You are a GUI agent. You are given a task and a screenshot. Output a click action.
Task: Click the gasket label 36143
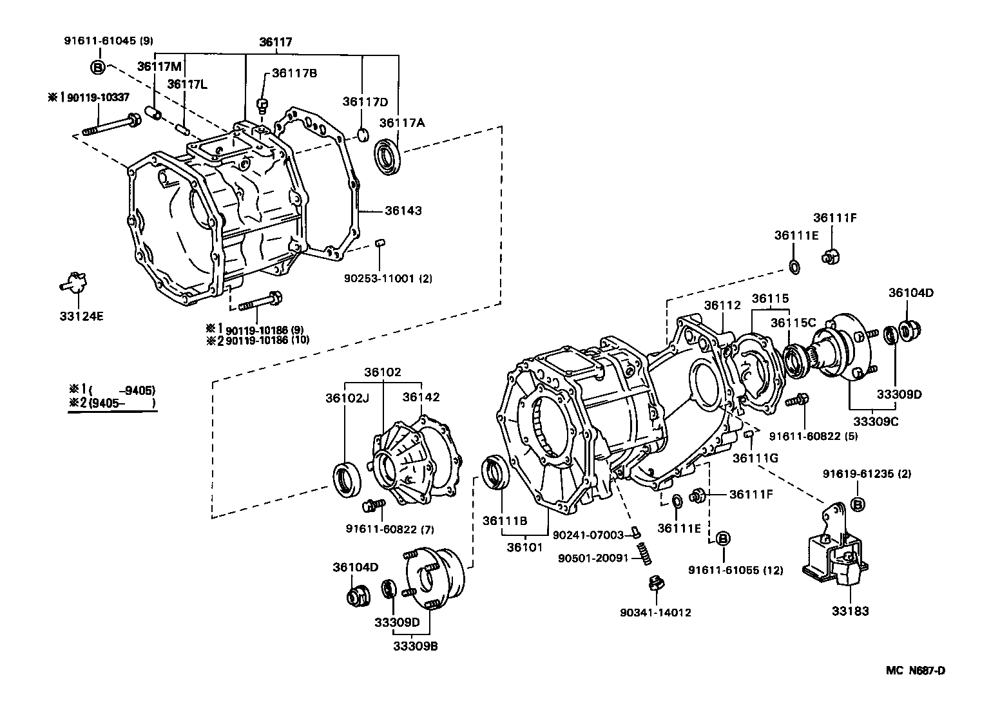click(x=403, y=211)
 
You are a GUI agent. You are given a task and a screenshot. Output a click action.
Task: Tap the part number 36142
click(x=421, y=397)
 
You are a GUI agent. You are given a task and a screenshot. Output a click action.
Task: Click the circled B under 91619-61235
click(x=858, y=504)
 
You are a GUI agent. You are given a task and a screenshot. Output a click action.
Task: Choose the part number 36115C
click(x=793, y=322)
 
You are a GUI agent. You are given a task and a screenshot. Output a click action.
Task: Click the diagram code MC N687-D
click(x=915, y=671)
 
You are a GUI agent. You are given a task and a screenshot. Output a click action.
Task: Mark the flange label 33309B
click(x=416, y=645)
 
